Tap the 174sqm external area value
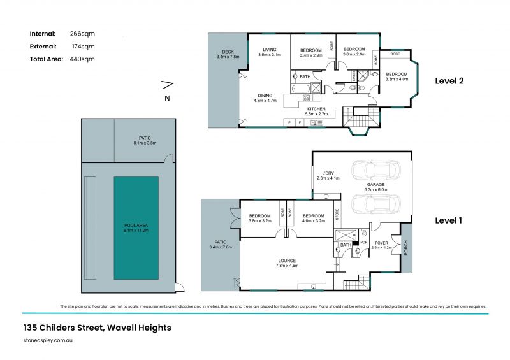point(84,46)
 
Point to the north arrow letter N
point(167,98)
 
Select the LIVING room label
point(269,51)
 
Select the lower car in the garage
point(376,204)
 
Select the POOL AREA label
point(136,228)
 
